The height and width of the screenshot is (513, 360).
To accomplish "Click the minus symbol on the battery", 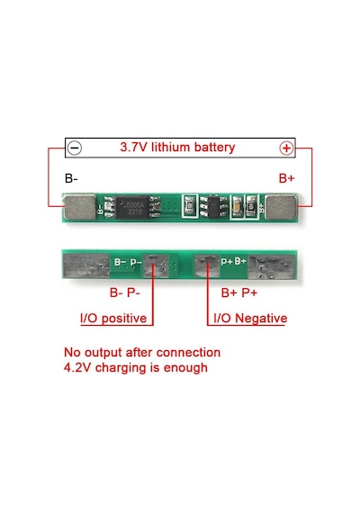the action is click(x=75, y=148).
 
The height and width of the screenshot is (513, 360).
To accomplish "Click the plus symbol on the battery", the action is click(x=286, y=148).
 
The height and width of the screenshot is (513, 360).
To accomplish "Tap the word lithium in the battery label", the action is click(x=170, y=147).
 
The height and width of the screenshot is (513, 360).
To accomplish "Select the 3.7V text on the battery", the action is click(x=133, y=147).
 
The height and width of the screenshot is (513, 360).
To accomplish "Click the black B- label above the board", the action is click(x=71, y=178).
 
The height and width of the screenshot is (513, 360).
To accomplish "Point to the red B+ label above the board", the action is click(x=287, y=178).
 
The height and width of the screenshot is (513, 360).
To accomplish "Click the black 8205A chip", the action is click(x=133, y=207).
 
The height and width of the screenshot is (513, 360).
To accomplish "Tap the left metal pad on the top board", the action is click(x=79, y=207).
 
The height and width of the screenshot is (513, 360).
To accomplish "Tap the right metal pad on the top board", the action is click(x=281, y=207).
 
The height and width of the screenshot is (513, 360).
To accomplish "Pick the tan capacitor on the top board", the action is click(x=238, y=207).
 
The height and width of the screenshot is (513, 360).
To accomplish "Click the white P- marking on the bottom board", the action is click(x=136, y=263).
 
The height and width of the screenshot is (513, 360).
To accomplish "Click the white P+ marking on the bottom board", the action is click(x=227, y=261).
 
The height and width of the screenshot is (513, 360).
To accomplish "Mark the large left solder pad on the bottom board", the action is click(x=86, y=265).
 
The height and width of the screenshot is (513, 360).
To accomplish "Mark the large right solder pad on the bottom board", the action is click(x=271, y=267).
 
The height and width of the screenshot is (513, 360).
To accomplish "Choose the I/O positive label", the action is click(x=113, y=318).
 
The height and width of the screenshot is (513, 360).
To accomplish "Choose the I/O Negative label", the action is click(x=250, y=318).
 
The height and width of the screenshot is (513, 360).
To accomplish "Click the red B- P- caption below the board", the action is click(x=125, y=292).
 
